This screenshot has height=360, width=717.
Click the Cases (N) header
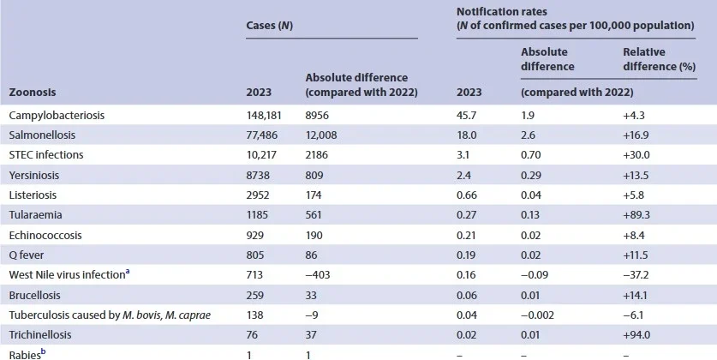[x=270, y=27]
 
